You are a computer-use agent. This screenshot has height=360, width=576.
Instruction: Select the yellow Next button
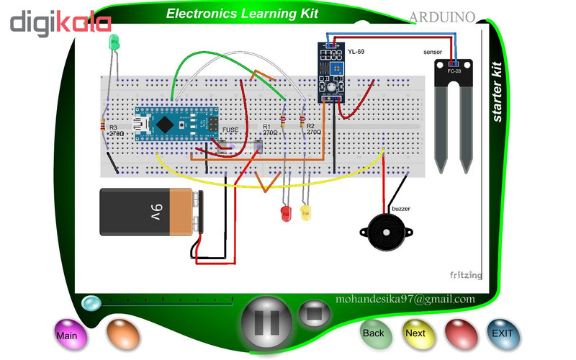pyautogui.click(x=415, y=333)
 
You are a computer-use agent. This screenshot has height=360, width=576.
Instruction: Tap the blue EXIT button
pyautogui.click(x=502, y=333)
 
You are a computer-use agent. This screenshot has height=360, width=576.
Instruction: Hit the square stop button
pyautogui.click(x=315, y=315)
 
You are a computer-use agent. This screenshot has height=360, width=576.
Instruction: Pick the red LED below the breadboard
pyautogui.click(x=284, y=213)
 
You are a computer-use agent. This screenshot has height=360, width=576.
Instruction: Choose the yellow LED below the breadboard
pyautogui.click(x=305, y=213)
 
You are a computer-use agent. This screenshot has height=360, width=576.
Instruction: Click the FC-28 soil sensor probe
pyautogui.click(x=454, y=108)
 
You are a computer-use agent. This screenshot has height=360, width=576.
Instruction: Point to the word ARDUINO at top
pyautogui.click(x=441, y=17)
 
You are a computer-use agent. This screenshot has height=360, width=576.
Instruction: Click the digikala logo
pyautogui.click(x=60, y=22)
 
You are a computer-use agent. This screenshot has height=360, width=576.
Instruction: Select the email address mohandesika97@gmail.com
pyautogui.click(x=405, y=299)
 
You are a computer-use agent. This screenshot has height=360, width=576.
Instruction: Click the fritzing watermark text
pyautogui.click(x=466, y=275)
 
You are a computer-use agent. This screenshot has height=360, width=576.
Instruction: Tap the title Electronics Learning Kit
pyautogui.click(x=242, y=14)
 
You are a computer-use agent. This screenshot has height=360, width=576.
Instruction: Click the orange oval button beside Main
pyautogui.click(x=123, y=333)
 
